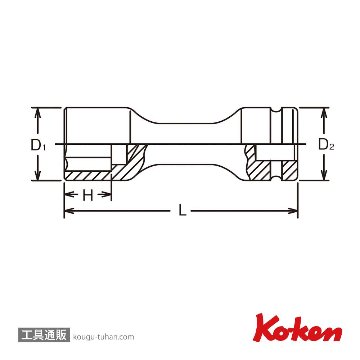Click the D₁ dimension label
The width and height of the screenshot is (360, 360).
pyautogui.click(x=39, y=145)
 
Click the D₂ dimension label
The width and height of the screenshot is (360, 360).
pyautogui.click(x=326, y=145)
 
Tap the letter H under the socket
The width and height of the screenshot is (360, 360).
pyautogui.click(x=88, y=196)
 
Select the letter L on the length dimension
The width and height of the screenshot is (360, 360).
pyautogui.click(x=182, y=211)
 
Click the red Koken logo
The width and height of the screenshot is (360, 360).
pyautogui.click(x=298, y=328)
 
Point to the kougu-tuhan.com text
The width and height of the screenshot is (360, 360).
pyautogui.click(x=103, y=337)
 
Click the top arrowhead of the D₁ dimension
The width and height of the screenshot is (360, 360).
pyautogui.click(x=38, y=113)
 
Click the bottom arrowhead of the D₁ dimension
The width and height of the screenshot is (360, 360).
pyautogui.click(x=38, y=175)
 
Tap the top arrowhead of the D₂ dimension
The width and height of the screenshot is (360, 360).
pyautogui.click(x=323, y=113)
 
